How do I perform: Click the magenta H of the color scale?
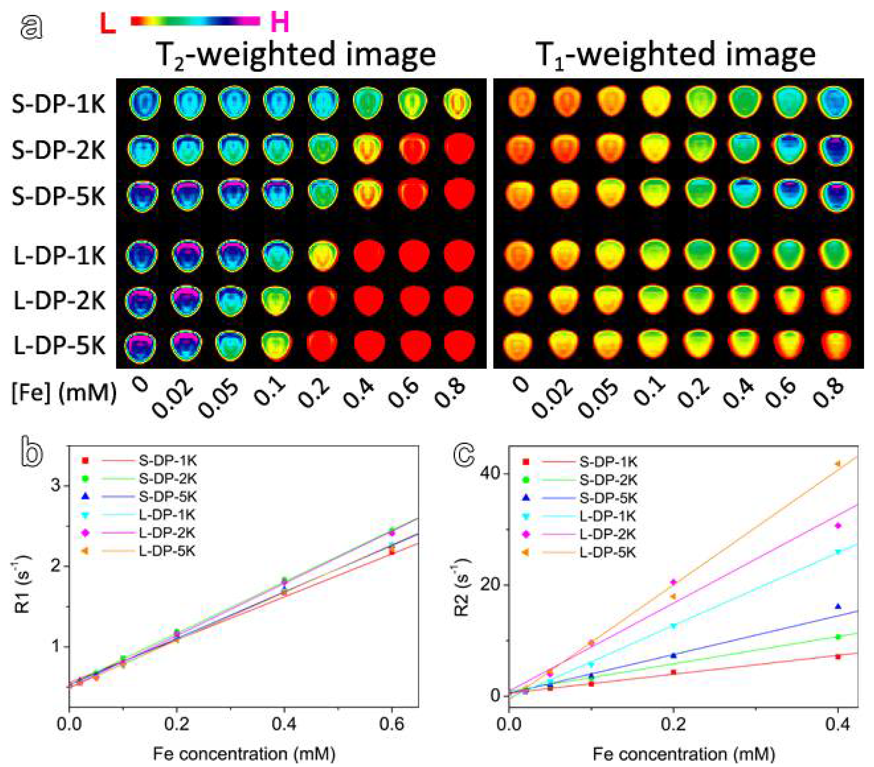tap(280, 22)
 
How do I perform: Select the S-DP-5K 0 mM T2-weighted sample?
tap(143, 195)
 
